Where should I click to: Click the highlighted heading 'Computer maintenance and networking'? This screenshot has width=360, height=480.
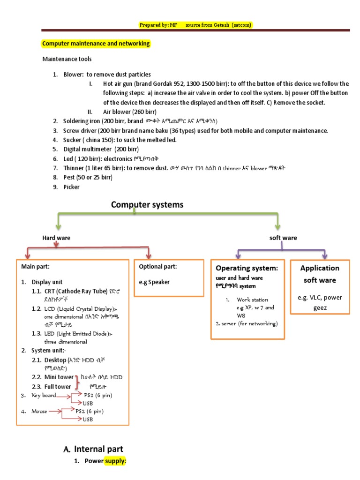coord(96,44)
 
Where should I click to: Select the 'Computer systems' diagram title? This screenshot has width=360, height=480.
coord(147,205)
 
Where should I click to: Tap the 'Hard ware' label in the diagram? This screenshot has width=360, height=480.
coord(57,238)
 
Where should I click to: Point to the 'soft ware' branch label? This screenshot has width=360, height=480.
coord(283,238)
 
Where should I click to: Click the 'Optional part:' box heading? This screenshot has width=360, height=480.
coord(158,266)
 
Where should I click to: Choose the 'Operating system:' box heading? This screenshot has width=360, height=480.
coord(247,268)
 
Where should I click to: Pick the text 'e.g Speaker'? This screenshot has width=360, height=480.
coord(154,282)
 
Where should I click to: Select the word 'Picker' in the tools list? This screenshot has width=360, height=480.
coord(72,187)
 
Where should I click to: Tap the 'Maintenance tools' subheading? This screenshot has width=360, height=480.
coord(67,59)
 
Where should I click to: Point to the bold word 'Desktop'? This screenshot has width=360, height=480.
coord(55,360)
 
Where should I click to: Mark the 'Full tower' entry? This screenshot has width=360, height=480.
coord(58,387)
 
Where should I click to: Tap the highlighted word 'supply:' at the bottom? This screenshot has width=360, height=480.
coord(115,461)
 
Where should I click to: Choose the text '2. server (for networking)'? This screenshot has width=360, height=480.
coord(247,323)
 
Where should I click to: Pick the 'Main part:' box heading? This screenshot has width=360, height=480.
coord(35,266)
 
